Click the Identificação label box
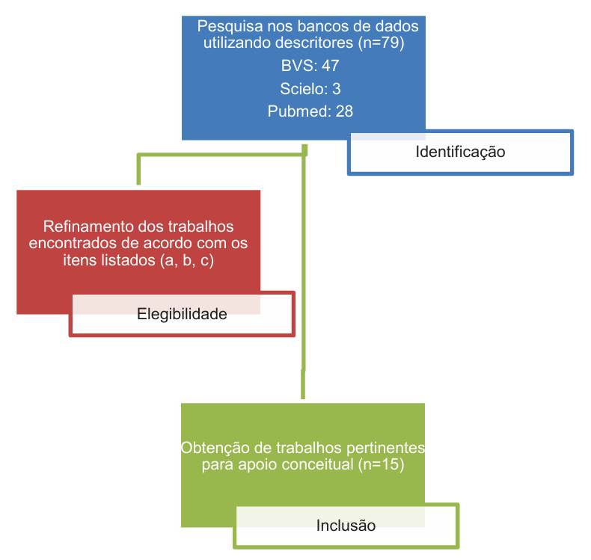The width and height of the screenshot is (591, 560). point(460,152)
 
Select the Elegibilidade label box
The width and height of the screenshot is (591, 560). point(182,314)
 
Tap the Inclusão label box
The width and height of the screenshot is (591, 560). point(346,526)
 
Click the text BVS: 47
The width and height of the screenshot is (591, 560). point(310,66)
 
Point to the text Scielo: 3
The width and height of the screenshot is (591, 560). point(310,89)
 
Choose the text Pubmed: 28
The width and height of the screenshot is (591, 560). point(310,111)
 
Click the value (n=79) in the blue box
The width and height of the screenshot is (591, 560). point(382,43)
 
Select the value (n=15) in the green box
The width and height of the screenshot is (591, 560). point(381,464)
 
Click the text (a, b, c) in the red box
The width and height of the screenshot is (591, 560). point(187,260)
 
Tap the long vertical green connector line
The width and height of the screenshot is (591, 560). point(304,271)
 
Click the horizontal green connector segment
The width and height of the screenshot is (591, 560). point(222,155)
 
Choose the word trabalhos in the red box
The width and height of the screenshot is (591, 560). point(200,227)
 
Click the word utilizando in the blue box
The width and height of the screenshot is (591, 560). point(239,42)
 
